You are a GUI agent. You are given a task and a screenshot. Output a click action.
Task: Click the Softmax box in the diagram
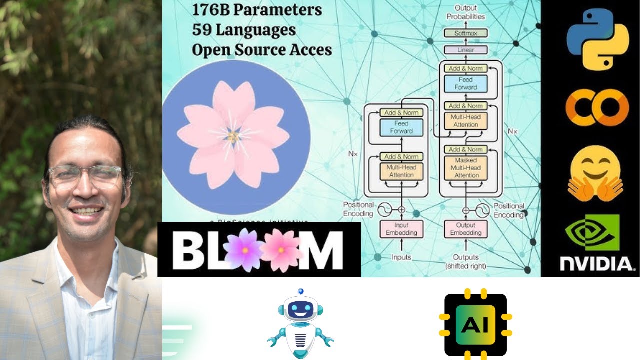tap(465, 33)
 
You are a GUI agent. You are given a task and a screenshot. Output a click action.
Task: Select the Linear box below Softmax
tap(465, 50)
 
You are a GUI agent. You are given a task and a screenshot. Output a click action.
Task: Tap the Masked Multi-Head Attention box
tap(466, 168)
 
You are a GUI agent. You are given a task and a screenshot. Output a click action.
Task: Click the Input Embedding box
tap(401, 229)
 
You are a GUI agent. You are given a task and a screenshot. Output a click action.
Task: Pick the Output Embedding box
tap(465, 229)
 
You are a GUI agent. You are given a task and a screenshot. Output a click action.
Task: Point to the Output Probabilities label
tap(465, 12)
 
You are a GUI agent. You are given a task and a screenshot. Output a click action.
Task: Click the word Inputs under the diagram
tap(401, 257)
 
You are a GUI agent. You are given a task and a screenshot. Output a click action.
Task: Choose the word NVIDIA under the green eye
tap(595, 264)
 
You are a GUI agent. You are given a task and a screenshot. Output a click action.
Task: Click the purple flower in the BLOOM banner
tap(244, 249)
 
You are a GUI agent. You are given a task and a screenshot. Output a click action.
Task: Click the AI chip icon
tap(475, 325)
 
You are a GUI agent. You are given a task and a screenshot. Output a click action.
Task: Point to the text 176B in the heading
tap(214, 9)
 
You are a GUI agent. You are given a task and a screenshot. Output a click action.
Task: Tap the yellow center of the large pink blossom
tap(233, 136)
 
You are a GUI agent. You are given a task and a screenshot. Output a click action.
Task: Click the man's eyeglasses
tap(85, 177)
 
